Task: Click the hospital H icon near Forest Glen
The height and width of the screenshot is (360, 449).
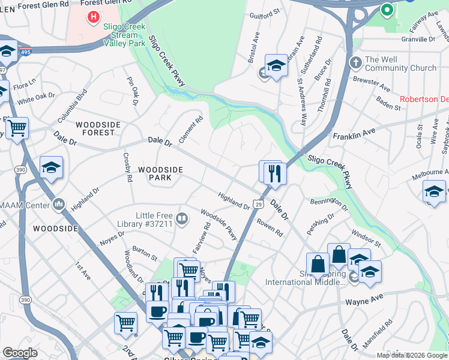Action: (93, 16)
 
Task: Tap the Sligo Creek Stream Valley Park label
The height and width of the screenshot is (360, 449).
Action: (125, 35)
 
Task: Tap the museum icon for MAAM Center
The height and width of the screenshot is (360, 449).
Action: (58, 205)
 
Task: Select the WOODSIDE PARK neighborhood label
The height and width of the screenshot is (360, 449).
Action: (160, 174)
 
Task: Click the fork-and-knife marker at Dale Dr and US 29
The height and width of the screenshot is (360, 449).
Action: (275, 174)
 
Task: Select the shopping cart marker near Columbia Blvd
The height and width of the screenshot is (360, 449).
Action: (17, 128)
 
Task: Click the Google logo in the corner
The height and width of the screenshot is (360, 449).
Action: (20, 352)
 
